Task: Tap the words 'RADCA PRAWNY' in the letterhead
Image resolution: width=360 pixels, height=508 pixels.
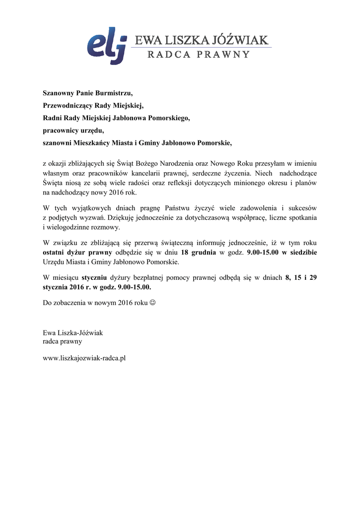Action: click(199, 55)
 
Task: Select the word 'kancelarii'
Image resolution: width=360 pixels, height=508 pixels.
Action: click(166, 173)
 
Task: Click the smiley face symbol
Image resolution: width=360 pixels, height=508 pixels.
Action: click(152, 302)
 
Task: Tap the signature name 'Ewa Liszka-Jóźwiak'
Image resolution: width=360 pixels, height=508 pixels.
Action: click(73, 333)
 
